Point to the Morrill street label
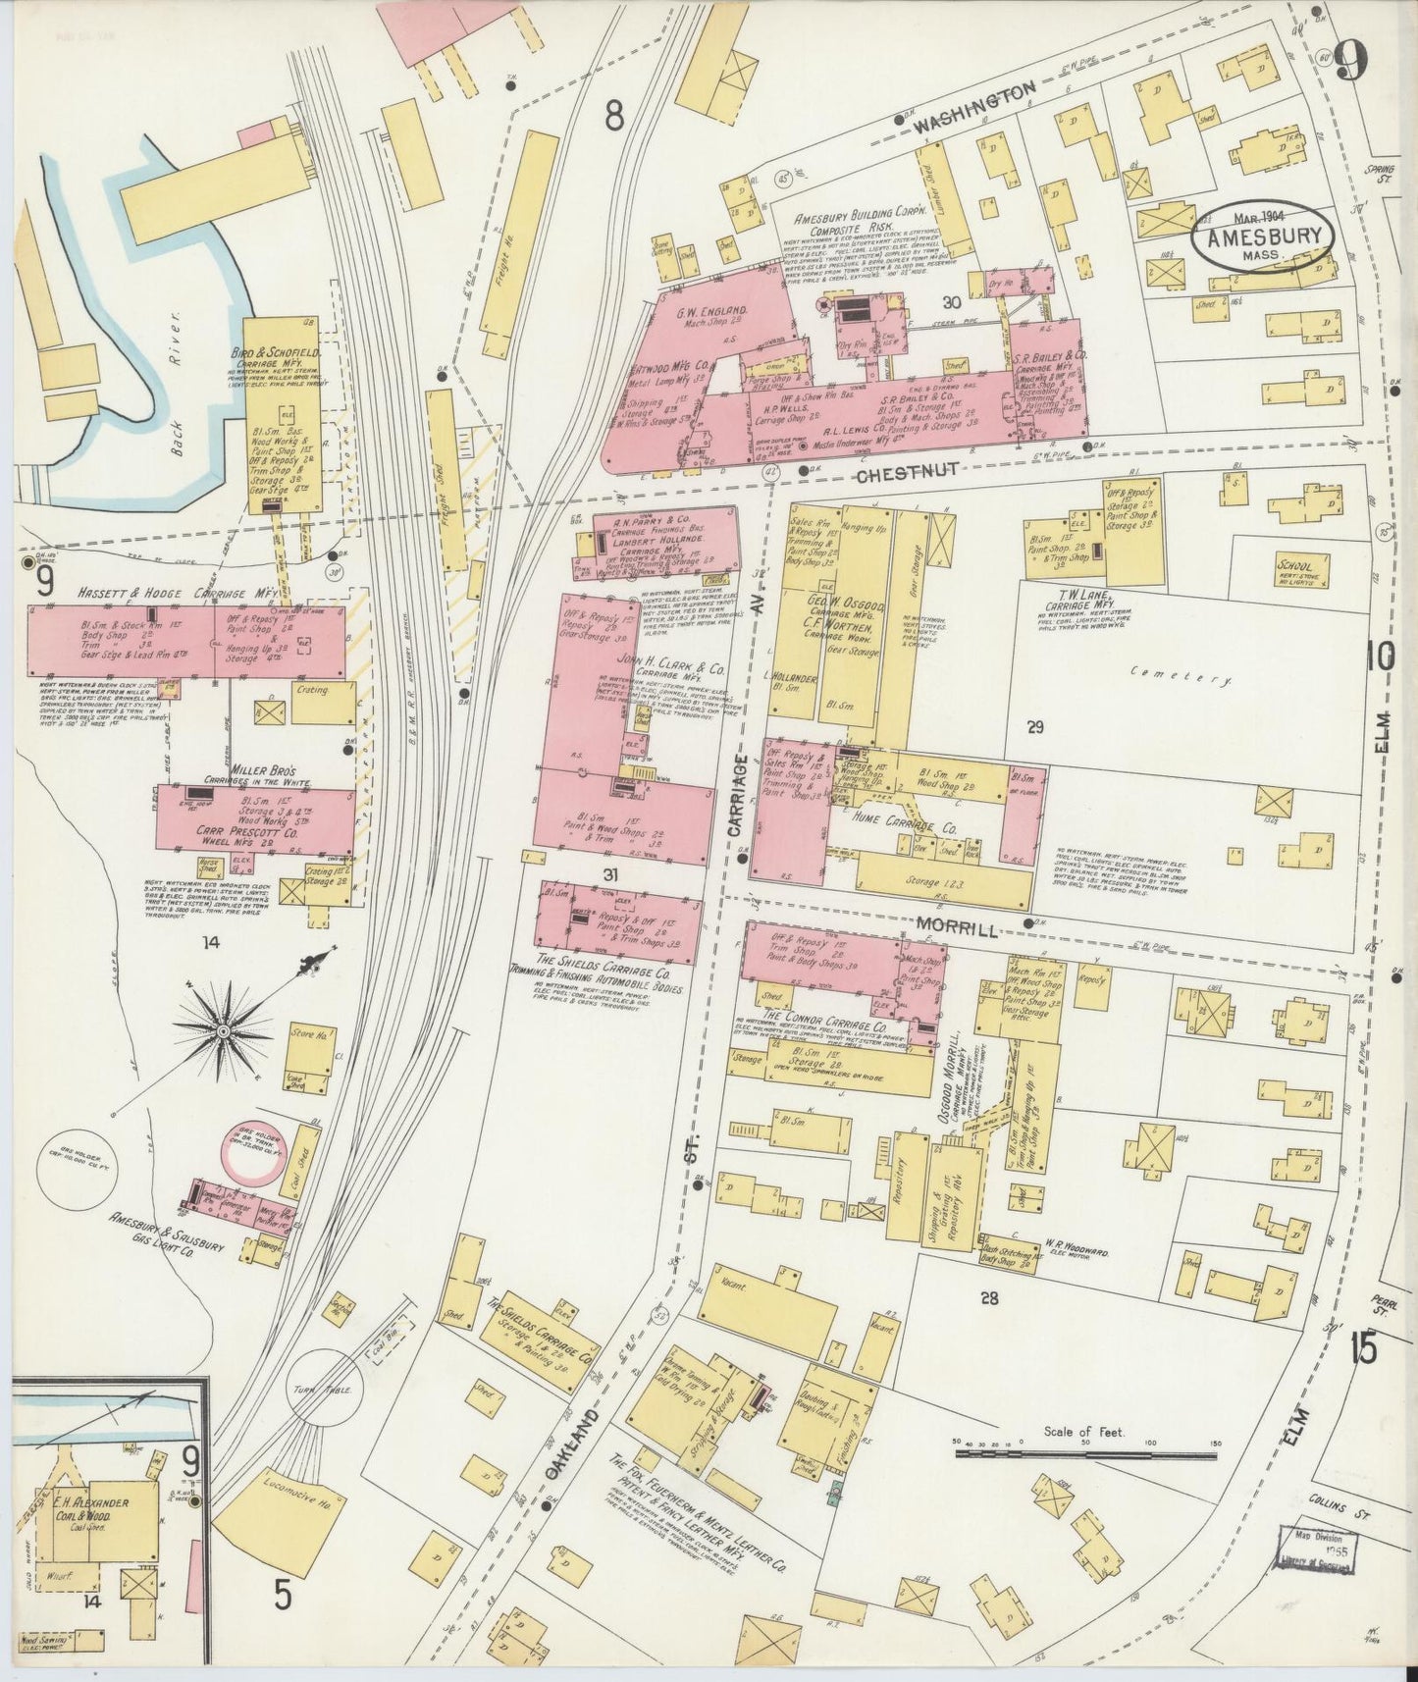tap(959, 925)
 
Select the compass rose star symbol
tap(224, 1031)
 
